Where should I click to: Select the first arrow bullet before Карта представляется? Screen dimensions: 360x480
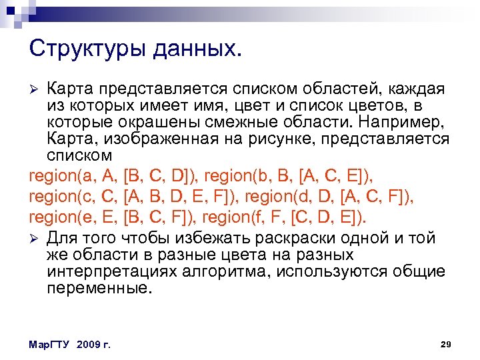coord(36,90)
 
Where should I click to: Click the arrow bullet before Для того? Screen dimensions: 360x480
coord(36,239)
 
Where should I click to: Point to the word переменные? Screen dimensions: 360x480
coord(99,289)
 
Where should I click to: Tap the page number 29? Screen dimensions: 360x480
coord(447,344)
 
